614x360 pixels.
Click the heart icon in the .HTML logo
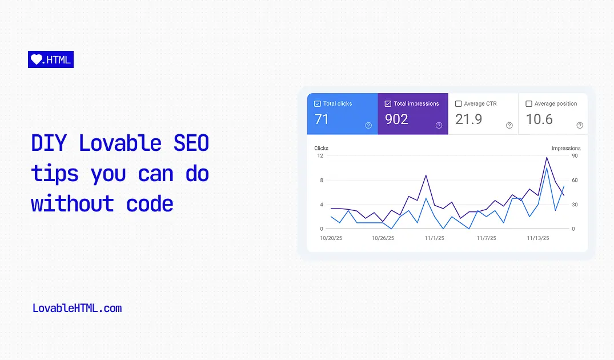(37, 59)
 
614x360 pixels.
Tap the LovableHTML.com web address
(77, 309)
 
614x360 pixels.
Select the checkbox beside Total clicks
(318, 104)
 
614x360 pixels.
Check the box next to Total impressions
(388, 104)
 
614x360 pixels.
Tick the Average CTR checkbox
(458, 104)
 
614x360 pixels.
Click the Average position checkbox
(529, 104)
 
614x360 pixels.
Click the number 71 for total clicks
(322, 119)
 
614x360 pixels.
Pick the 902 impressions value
(396, 119)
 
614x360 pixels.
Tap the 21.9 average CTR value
(468, 119)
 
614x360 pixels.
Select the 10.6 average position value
(539, 119)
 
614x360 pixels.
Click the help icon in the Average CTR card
(509, 126)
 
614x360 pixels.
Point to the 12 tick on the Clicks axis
(320, 155)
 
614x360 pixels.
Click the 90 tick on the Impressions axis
(575, 155)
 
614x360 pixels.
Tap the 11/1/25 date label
(435, 238)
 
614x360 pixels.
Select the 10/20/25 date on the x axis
(331, 238)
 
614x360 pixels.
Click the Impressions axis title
(566, 148)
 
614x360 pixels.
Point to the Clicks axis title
(321, 148)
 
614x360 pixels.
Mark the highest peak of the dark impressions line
(547, 157)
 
